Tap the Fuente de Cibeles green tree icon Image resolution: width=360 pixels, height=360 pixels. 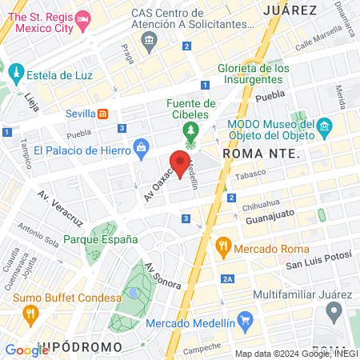tap(190, 130)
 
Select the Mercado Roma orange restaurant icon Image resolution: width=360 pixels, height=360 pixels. tap(225, 248)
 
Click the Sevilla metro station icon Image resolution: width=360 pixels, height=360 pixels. tap(103, 114)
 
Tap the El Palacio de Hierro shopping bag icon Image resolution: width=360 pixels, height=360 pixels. tap(142, 146)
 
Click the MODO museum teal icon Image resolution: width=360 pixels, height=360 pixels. tap(324, 126)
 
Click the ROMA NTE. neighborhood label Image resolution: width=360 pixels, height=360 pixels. tap(260, 153)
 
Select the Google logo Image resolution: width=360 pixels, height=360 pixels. tap(27, 350)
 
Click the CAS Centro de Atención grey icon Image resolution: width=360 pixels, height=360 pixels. tap(148, 42)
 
